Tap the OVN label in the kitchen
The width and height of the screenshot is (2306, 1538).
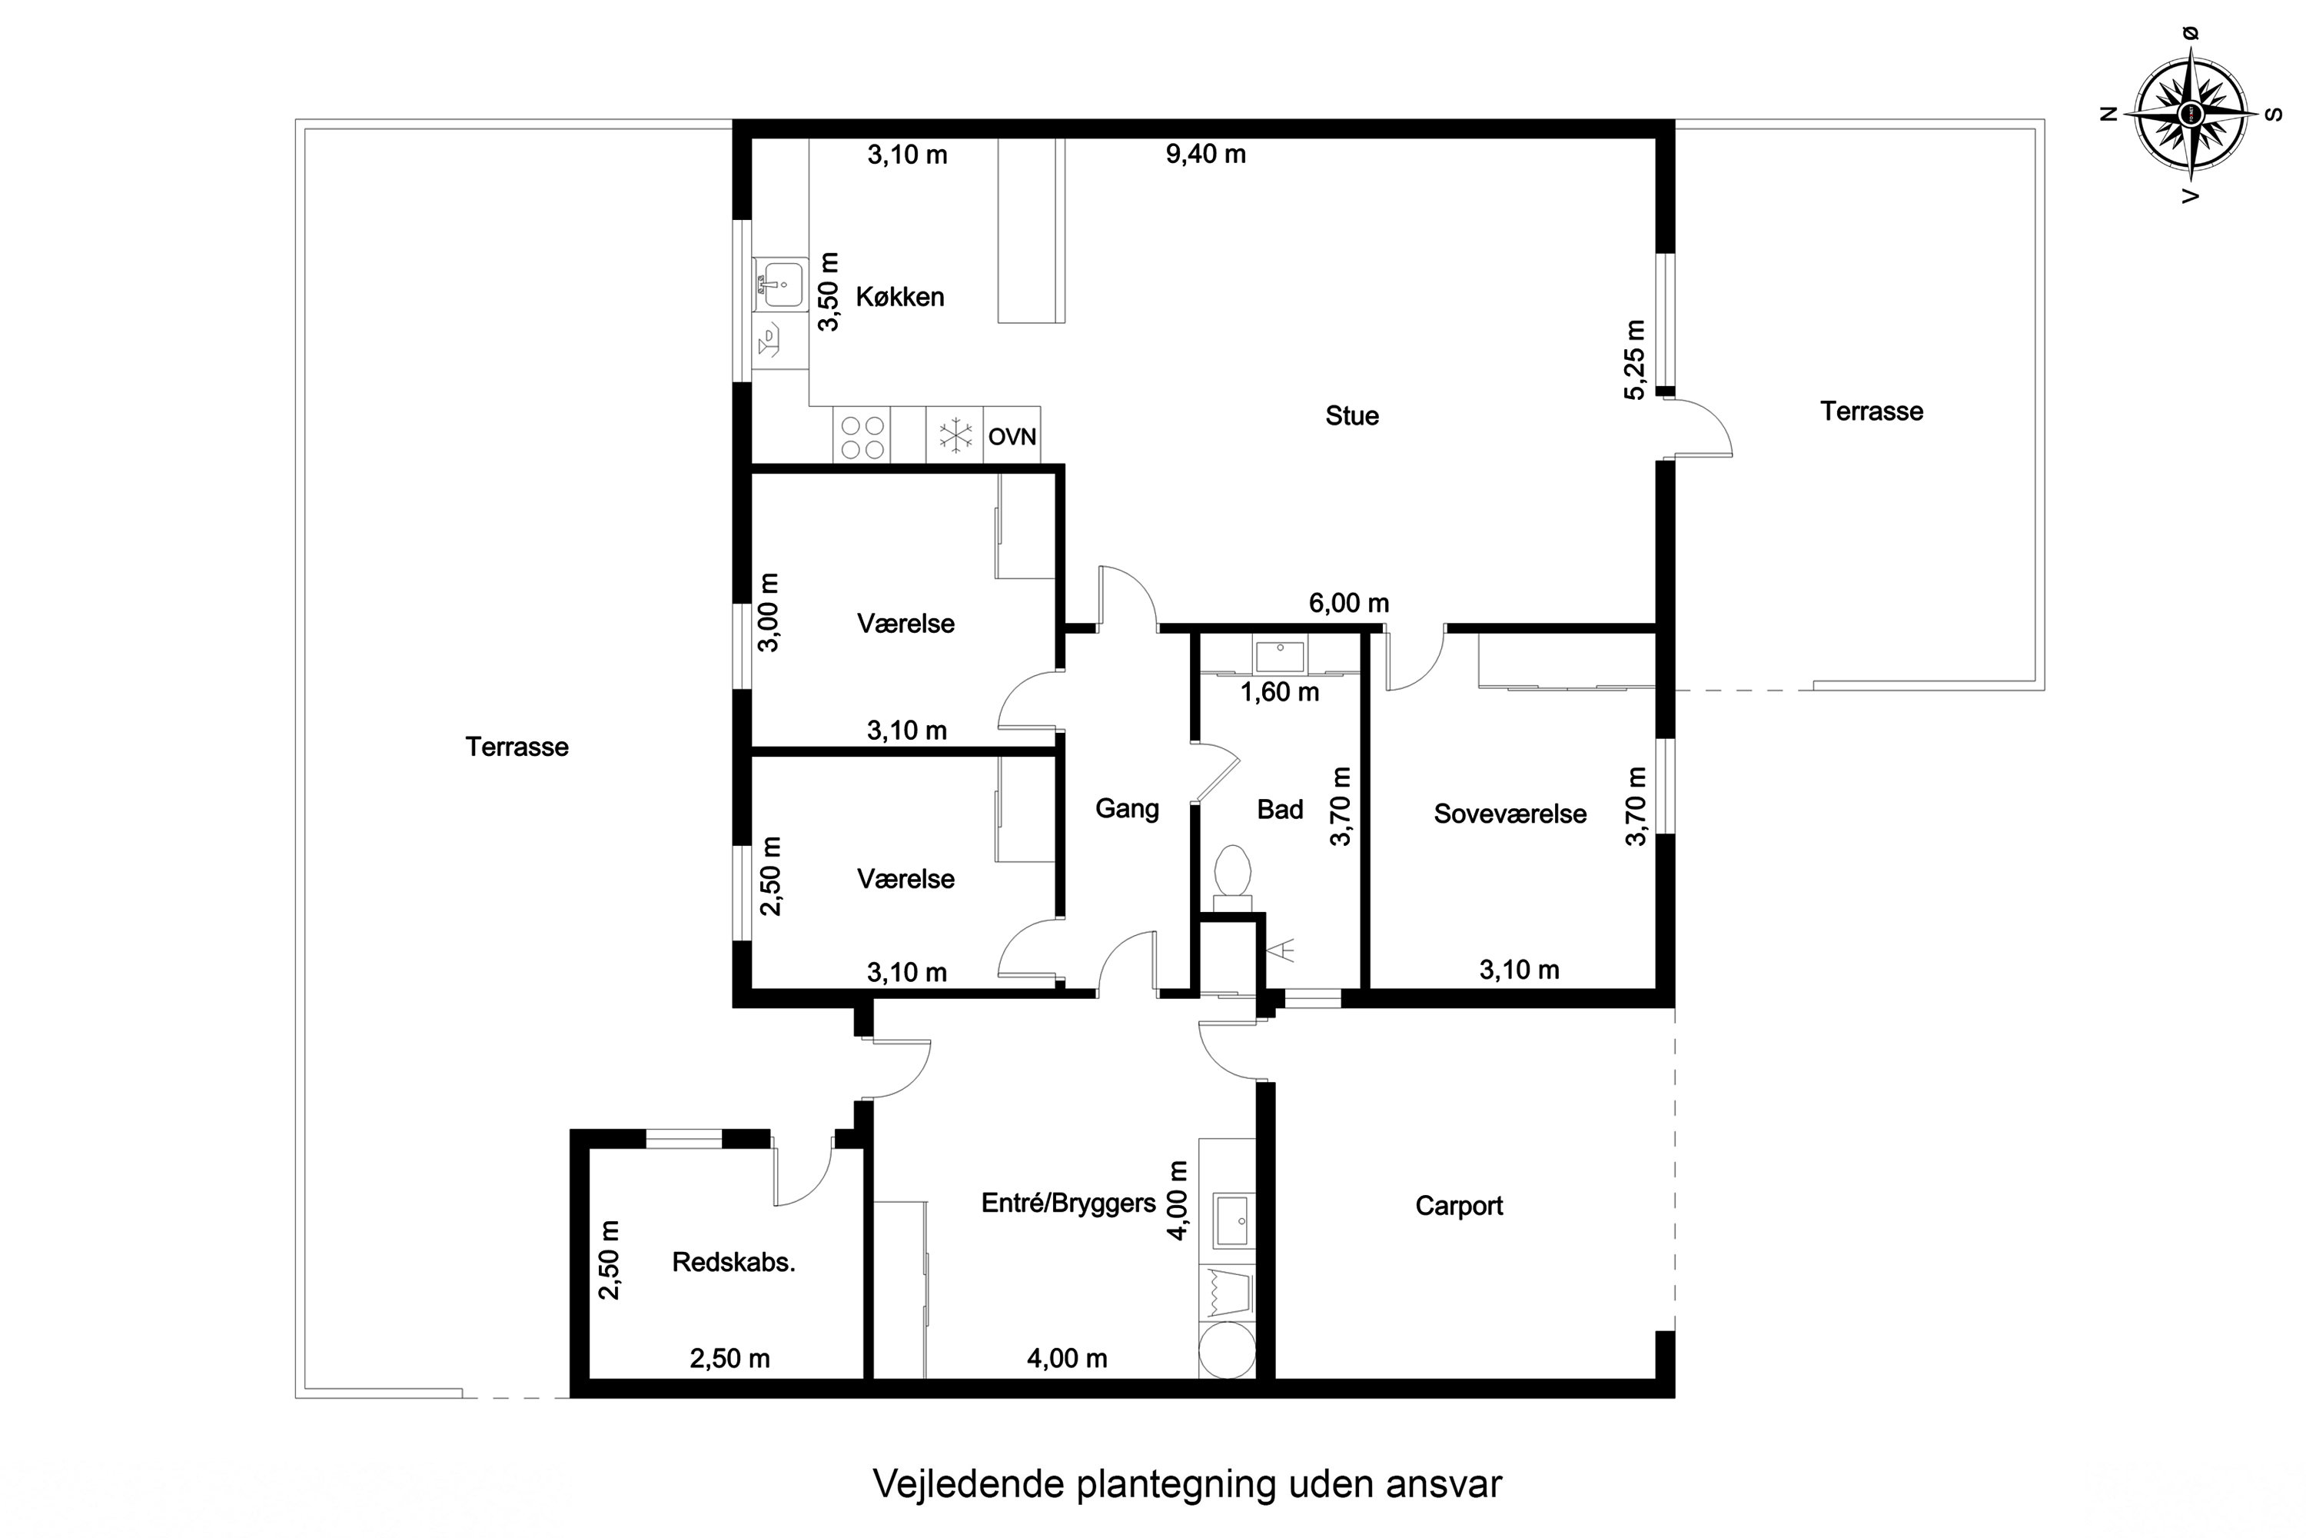pos(1012,437)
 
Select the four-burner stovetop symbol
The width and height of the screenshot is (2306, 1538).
pos(862,437)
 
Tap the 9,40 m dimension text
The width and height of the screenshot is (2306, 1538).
pos(1205,154)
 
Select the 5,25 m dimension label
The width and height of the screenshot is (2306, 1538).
pos(1634,359)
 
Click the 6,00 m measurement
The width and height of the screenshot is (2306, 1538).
pos(1348,603)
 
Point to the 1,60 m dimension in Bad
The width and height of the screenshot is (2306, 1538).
pos(1280,693)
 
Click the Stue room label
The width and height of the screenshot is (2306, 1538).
pos(1352,416)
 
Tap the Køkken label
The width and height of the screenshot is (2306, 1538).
pos(900,297)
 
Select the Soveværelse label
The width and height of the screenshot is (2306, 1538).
pos(1510,814)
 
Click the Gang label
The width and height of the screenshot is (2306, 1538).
pos(1128,808)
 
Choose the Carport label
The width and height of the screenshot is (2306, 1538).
pos(1459,1206)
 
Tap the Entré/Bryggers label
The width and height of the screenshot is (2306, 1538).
pos(1068,1203)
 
